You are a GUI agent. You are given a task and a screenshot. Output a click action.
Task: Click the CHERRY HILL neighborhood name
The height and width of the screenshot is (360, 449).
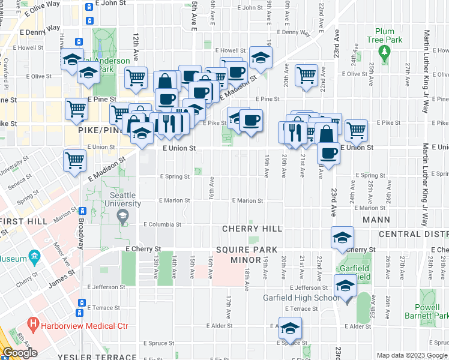point(248,229)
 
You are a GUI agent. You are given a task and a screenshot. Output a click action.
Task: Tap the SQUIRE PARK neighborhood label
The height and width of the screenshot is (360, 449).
point(255,250)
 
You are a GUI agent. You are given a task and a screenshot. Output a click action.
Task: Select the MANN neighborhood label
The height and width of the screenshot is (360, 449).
point(376,220)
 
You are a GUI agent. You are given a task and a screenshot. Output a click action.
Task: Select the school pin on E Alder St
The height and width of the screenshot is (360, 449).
point(290,328)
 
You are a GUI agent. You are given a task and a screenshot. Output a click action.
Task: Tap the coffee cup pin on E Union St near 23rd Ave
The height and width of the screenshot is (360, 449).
point(328,153)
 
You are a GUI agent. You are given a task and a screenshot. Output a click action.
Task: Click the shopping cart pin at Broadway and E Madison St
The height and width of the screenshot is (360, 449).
point(75,160)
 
